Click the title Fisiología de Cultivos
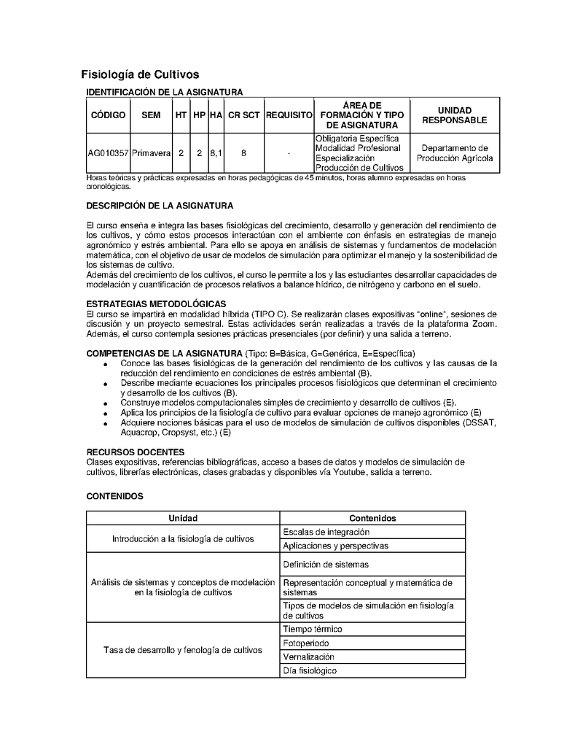click(139, 74)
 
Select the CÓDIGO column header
click(108, 115)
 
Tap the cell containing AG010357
click(108, 153)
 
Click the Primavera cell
click(151, 153)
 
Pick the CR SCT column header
click(243, 115)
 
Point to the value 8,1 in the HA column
click(216, 153)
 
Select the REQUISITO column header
click(289, 115)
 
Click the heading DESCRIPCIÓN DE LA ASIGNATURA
click(160, 206)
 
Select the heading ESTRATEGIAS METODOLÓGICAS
click(156, 303)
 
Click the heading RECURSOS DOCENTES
click(136, 452)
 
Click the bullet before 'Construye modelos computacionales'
click(106, 403)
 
